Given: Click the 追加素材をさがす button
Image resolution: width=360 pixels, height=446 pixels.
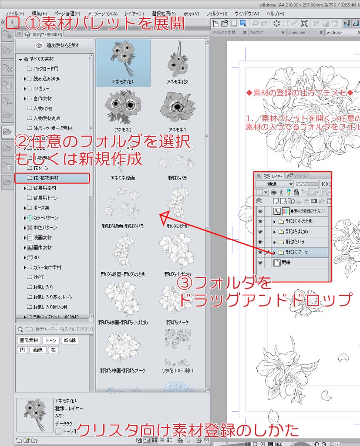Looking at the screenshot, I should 54,45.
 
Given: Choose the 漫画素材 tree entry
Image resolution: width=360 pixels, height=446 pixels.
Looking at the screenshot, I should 42,238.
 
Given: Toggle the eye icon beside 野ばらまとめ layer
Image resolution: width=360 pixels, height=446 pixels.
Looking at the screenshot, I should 260,232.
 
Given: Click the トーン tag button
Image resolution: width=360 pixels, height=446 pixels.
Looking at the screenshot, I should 51,341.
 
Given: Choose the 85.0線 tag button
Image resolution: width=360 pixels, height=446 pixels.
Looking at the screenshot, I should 70,341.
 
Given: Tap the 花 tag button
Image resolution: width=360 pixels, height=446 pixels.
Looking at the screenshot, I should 53,350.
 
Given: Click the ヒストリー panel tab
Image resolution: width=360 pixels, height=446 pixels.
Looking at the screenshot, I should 299,176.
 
